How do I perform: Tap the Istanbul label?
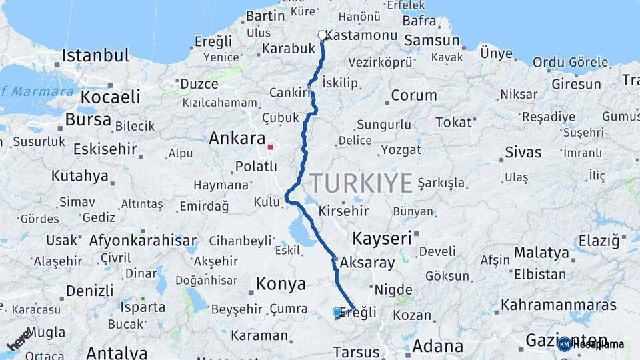tap(95, 55)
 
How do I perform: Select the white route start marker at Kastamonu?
tap(323, 35)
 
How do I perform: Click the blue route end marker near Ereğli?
tap(337, 312)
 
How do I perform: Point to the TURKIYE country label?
tap(361, 181)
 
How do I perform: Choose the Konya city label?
tap(281, 284)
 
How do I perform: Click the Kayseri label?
tap(381, 238)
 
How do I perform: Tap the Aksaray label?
tap(367, 263)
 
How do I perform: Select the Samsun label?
tap(432, 40)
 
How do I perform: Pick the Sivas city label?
tap(523, 152)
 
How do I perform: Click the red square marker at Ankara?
tap(270, 147)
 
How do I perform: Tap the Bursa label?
tap(89, 120)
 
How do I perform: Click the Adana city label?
tap(437, 346)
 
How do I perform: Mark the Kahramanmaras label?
tap(559, 305)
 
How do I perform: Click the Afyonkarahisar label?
tap(143, 241)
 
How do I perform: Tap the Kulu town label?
tap(266, 201)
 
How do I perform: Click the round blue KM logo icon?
tap(565, 344)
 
